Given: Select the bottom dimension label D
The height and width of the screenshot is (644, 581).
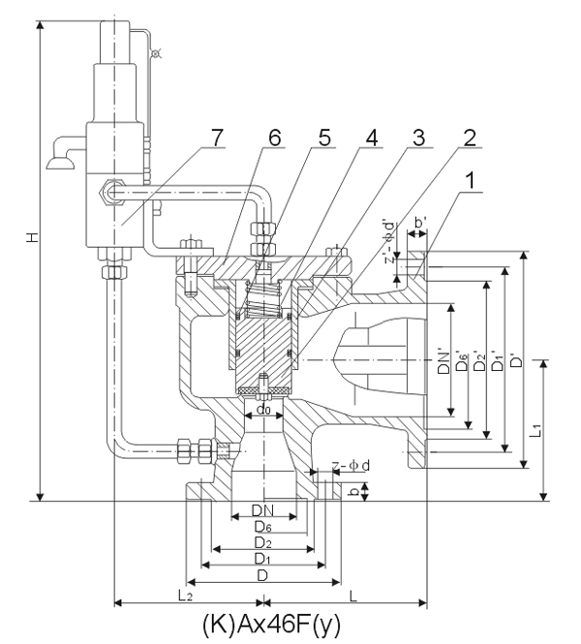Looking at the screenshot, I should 262,575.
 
